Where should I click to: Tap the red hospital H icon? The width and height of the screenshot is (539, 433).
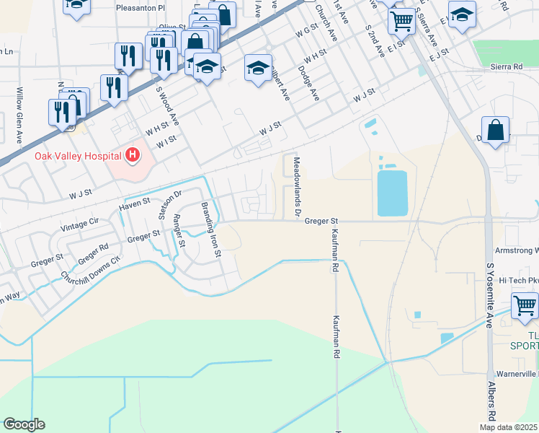(x=132, y=154)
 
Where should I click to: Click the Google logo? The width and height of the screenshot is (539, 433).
(x=24, y=424)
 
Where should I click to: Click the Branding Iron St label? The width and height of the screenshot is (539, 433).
(x=210, y=226)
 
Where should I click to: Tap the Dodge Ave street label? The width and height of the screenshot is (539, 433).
(x=307, y=82)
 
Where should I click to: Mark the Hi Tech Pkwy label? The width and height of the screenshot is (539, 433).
(x=518, y=280)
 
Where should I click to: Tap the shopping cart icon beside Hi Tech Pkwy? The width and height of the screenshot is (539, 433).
(x=525, y=305)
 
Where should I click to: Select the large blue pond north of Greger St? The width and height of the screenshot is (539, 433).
(x=392, y=193)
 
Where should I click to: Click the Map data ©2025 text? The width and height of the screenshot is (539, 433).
(x=509, y=427)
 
